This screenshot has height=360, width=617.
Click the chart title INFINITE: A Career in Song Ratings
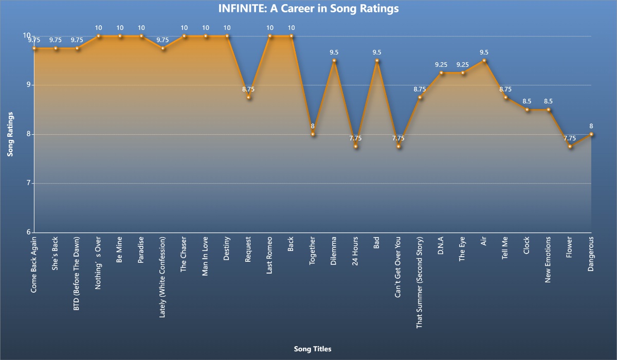(x=308, y=9)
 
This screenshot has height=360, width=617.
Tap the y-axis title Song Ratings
(x=10, y=134)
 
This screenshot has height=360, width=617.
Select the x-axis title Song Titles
(x=313, y=349)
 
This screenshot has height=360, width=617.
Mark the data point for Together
(x=313, y=134)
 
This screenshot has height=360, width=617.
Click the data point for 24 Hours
(x=355, y=147)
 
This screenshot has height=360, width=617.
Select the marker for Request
(x=248, y=97)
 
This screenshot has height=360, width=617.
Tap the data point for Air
(x=484, y=61)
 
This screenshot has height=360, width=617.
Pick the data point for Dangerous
(x=591, y=134)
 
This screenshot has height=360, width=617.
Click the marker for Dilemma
(x=334, y=61)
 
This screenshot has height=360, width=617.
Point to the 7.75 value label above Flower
(x=570, y=138)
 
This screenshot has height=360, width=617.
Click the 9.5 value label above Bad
(x=377, y=52)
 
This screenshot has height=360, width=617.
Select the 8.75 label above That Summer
(x=420, y=89)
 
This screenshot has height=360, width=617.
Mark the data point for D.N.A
(x=441, y=73)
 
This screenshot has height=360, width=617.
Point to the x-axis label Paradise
(x=141, y=250)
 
